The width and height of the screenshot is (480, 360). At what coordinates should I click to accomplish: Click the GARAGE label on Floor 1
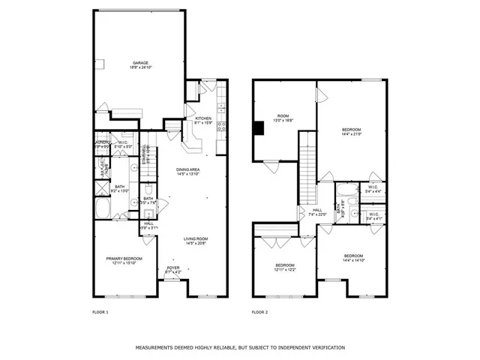139,63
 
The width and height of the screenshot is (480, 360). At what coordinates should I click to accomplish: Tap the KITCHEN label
204,118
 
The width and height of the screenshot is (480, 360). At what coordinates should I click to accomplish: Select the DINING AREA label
188,170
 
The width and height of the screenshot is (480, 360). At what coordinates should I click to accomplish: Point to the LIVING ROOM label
197,239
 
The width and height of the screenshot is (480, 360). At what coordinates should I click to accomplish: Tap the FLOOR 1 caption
100,311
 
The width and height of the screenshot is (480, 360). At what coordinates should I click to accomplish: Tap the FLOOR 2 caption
259,311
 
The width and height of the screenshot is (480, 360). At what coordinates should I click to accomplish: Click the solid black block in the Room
259,128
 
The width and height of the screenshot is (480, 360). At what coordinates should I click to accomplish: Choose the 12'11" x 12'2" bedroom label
284,265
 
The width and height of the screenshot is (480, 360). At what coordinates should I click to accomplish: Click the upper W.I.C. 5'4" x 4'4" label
373,189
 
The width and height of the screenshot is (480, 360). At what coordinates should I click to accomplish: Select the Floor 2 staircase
307,165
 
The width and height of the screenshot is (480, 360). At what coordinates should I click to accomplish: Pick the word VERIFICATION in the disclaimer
324,347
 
